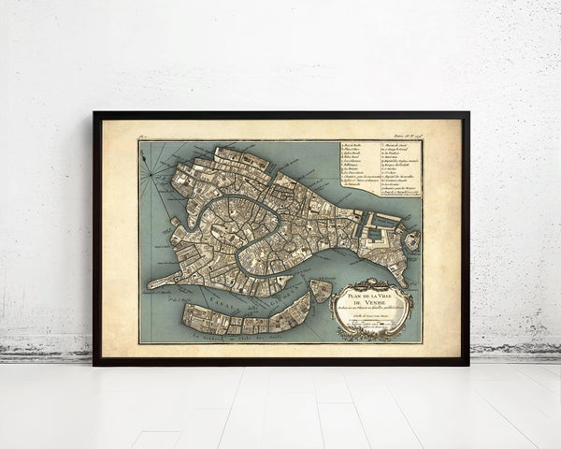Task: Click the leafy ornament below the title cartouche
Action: pyautogui.click(x=374, y=335)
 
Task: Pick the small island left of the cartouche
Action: pyautogui.click(x=321, y=291)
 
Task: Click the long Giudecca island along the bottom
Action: pyautogui.click(x=243, y=315)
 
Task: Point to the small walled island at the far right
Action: pyautogui.click(x=411, y=240)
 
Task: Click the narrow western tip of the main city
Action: pyautogui.click(x=154, y=281)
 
